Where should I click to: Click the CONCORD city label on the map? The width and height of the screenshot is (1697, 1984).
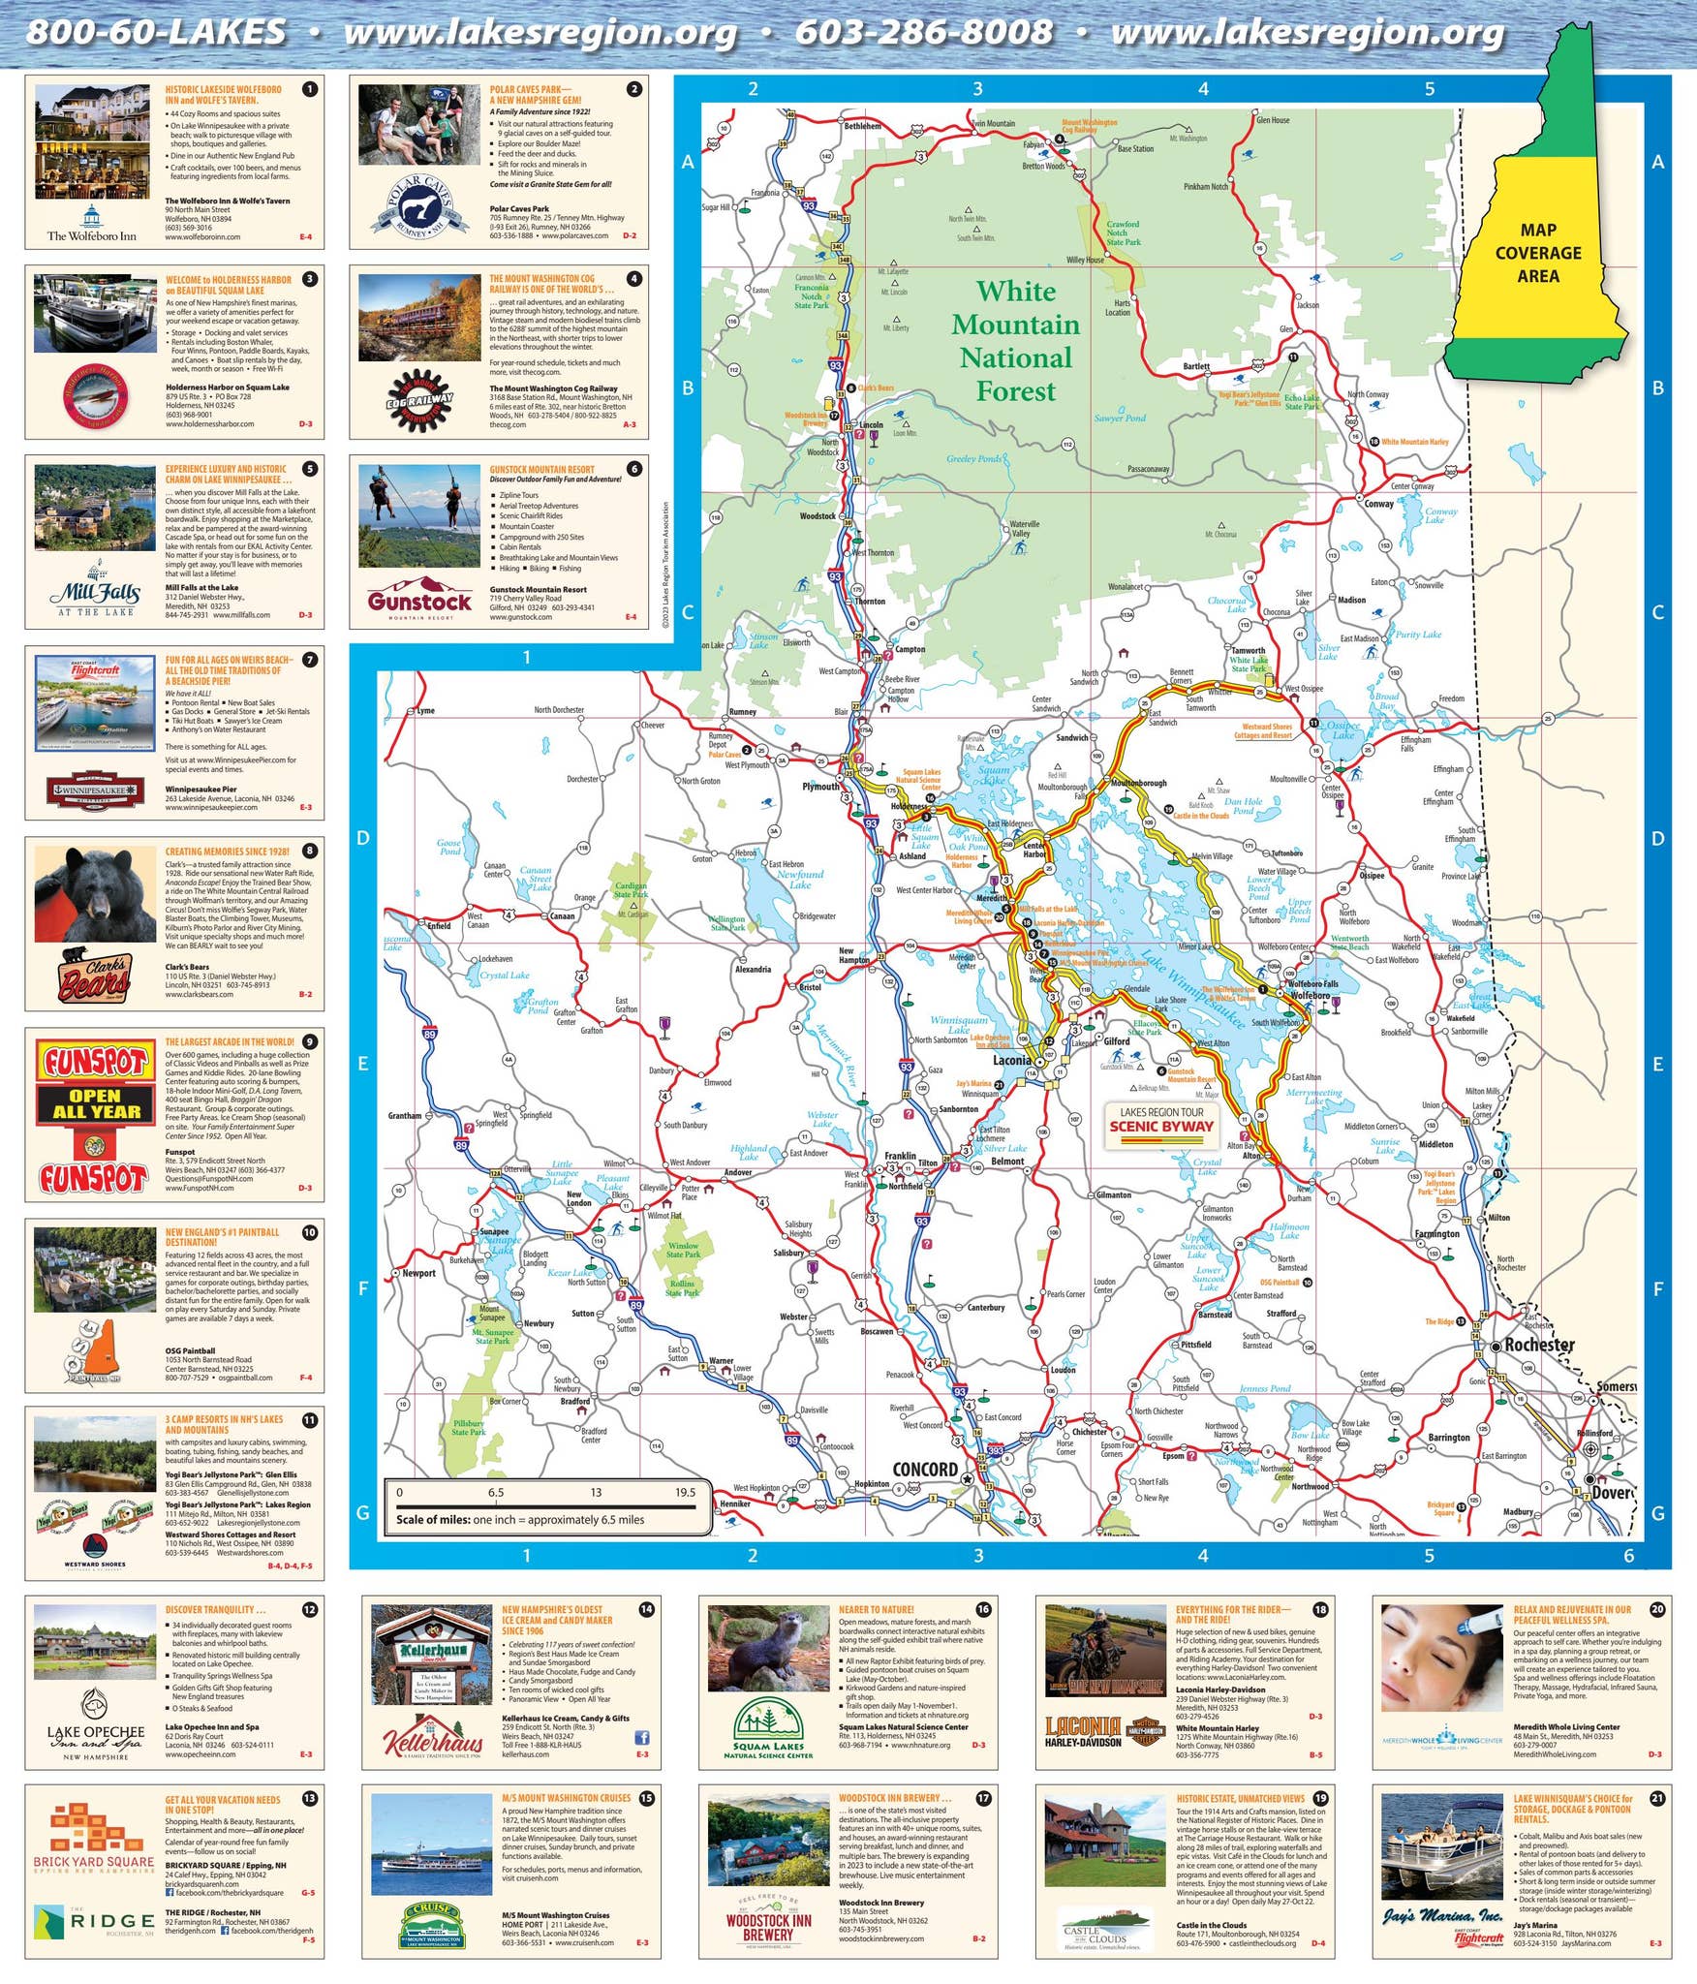click(x=924, y=1469)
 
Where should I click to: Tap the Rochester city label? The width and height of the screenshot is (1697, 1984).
click(x=1539, y=1345)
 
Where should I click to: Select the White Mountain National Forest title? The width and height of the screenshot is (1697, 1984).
click(x=1015, y=341)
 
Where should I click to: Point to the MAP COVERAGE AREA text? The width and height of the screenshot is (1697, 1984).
click(x=1537, y=253)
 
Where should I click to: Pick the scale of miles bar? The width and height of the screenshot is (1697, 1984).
click(x=546, y=1504)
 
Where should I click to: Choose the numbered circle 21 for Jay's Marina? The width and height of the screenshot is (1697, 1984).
click(x=1657, y=1798)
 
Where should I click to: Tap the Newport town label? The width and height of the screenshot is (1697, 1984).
click(x=418, y=1273)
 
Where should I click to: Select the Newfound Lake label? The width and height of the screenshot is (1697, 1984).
click(x=800, y=879)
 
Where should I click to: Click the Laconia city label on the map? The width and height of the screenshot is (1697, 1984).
click(x=1011, y=1060)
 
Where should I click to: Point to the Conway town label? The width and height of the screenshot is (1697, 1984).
click(x=1378, y=504)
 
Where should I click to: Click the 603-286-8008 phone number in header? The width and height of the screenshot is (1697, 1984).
click(x=923, y=32)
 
